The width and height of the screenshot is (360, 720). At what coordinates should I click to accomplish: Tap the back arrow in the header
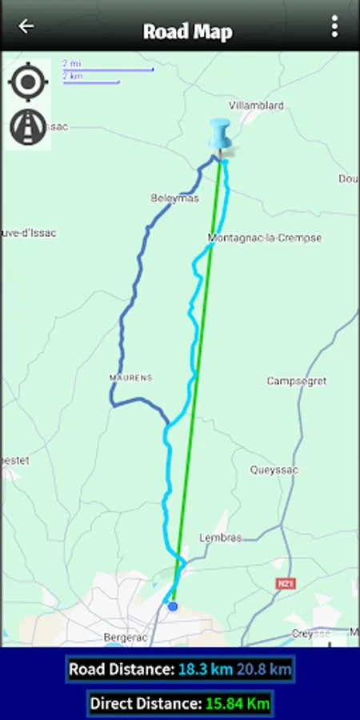(26, 26)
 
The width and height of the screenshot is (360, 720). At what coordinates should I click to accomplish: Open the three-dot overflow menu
(334, 26)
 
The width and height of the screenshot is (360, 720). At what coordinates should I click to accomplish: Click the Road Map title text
(188, 31)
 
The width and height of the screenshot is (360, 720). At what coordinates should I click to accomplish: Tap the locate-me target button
(28, 82)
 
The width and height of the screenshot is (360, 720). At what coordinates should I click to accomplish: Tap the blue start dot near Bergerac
(173, 606)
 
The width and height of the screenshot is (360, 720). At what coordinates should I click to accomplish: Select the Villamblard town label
(255, 105)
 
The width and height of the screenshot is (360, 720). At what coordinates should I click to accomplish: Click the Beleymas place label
(174, 198)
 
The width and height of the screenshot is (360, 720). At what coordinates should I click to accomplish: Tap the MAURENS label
(130, 377)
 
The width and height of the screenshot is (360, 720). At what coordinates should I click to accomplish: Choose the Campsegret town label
(297, 382)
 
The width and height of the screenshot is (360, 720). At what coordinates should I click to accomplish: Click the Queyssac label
(274, 470)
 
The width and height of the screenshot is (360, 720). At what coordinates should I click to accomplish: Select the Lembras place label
(220, 538)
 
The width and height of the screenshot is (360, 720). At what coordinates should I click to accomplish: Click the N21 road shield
(286, 584)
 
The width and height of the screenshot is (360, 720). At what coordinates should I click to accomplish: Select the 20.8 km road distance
(264, 670)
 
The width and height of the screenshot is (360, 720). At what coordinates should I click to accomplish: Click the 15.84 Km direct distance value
(238, 704)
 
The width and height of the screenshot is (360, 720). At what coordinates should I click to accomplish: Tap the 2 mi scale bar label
(71, 63)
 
